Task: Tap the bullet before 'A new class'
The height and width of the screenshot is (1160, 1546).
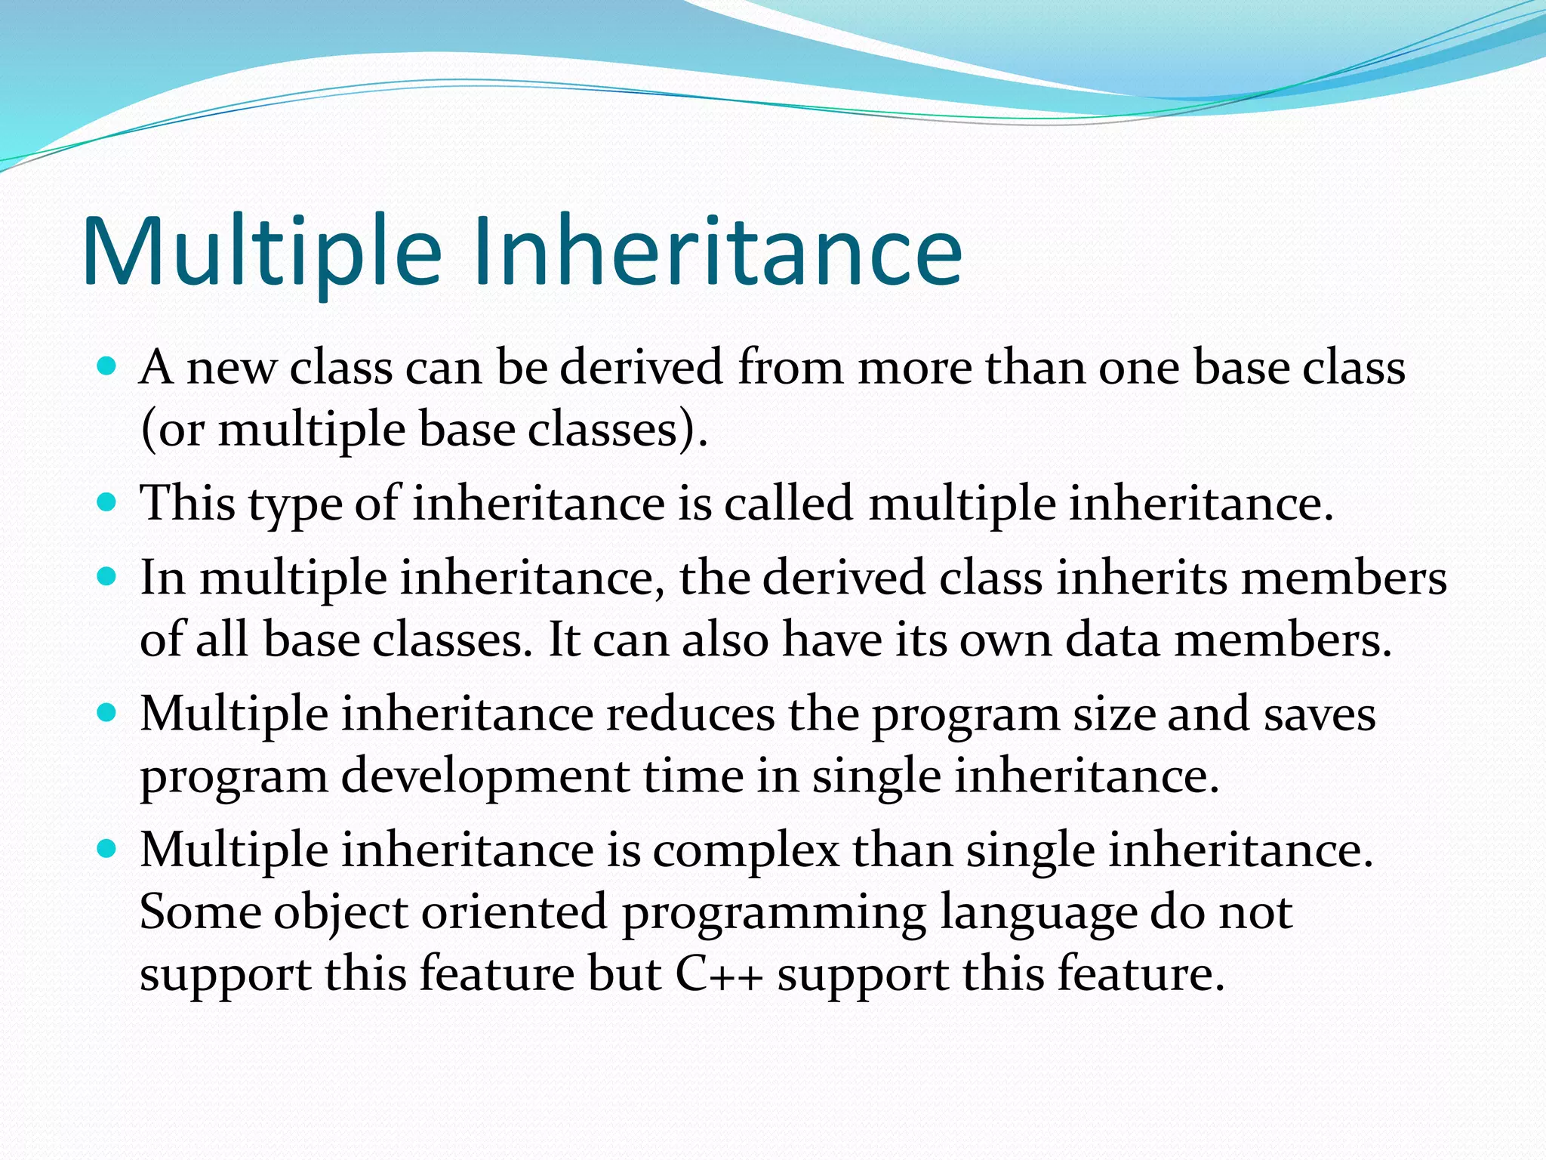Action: point(107,367)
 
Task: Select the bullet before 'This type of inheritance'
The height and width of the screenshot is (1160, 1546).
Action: point(107,502)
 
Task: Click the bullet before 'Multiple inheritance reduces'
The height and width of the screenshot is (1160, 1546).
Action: point(107,713)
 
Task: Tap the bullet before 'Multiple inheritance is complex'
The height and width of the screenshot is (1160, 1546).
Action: point(107,849)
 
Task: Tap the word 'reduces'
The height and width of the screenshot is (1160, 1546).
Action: point(690,714)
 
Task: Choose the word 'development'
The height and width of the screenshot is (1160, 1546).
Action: point(485,777)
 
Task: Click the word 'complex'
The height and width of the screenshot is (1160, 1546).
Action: point(746,851)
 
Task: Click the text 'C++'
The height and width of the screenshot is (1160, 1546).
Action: point(719,974)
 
